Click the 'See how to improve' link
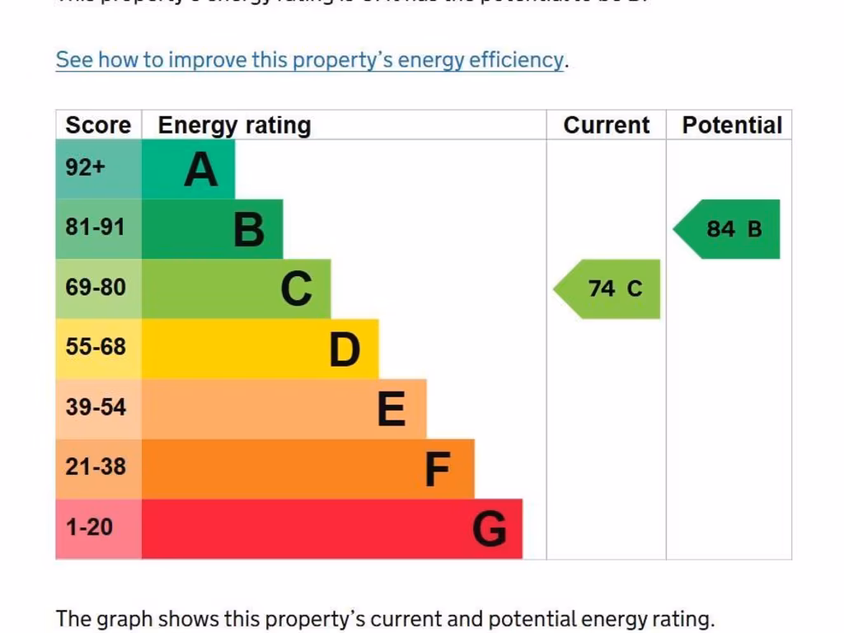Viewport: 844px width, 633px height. [x=310, y=60]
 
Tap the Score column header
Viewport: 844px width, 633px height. [x=98, y=125]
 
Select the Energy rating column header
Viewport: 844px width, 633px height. [x=234, y=125]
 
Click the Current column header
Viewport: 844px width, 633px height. [x=606, y=125]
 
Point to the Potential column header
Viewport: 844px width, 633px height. [x=731, y=125]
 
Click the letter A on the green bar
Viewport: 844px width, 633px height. [x=200, y=170]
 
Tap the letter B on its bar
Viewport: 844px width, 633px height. [x=249, y=230]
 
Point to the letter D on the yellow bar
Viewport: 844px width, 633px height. [x=345, y=350]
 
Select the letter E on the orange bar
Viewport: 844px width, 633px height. [x=392, y=410]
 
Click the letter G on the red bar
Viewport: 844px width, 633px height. [x=489, y=529]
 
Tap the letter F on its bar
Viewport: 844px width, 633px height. [x=438, y=470]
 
